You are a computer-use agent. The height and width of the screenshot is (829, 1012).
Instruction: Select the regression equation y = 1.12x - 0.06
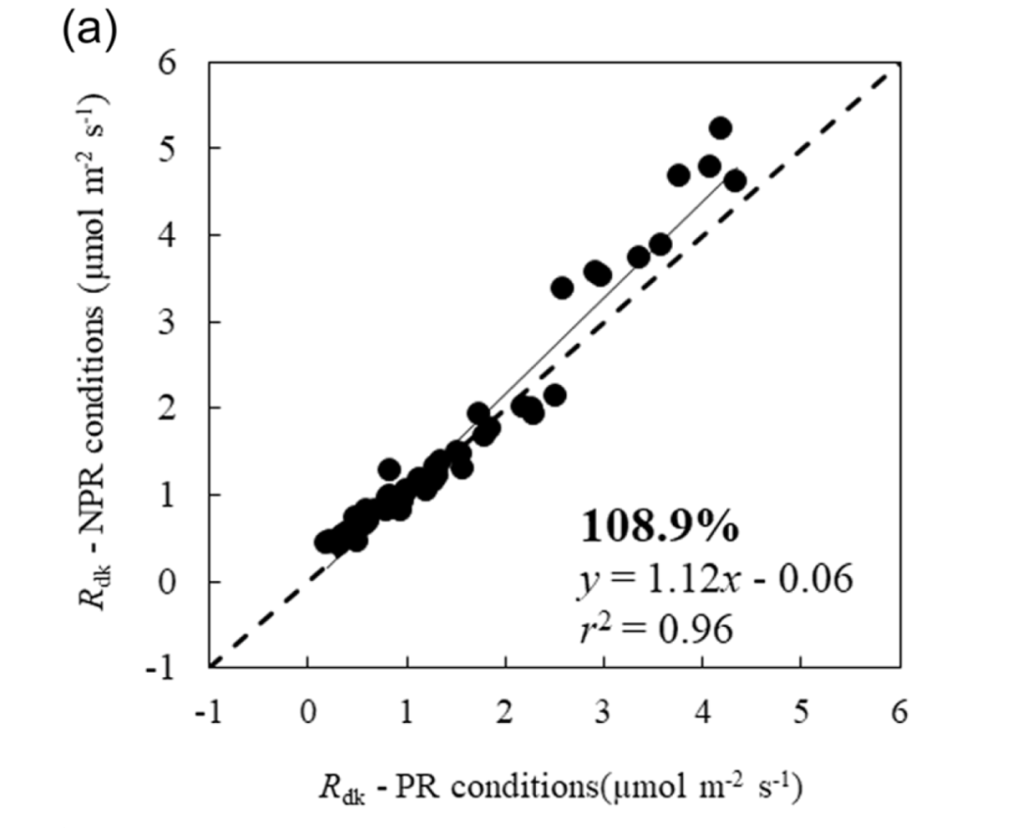click(x=715, y=581)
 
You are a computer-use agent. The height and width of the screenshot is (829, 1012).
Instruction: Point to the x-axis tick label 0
click(x=308, y=713)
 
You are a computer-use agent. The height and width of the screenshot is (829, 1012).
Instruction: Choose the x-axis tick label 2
click(x=505, y=713)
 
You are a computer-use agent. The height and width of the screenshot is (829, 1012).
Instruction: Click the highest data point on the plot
click(x=721, y=128)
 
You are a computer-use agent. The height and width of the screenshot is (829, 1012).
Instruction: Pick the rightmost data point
click(x=735, y=181)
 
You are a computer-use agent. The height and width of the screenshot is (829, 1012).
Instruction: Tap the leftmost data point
click(x=326, y=541)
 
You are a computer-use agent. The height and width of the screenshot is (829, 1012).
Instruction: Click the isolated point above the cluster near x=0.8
click(x=389, y=468)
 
